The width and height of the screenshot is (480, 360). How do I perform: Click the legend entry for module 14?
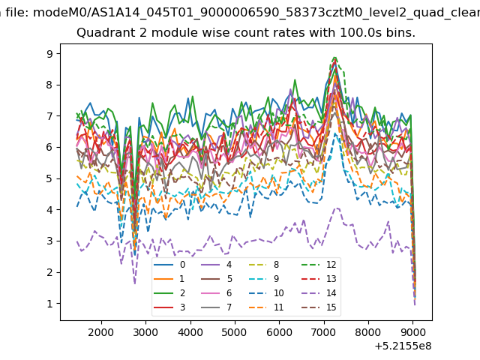click(x=320, y=293)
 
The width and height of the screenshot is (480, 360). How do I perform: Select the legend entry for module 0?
click(x=169, y=265)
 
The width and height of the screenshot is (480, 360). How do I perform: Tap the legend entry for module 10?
click(x=269, y=293)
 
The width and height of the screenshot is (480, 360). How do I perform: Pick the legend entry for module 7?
click(x=217, y=307)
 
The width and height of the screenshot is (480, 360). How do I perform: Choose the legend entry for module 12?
click(x=320, y=265)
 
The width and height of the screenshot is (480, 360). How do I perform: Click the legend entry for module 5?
click(x=217, y=278)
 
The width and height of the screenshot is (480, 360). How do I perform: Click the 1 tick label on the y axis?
click(x=49, y=304)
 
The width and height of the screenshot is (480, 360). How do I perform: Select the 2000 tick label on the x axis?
click(x=101, y=332)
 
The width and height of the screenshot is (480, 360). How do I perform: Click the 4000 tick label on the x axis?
click(x=190, y=332)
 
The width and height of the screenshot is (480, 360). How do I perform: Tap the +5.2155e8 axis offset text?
click(x=403, y=346)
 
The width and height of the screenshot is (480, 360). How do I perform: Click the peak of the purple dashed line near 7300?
click(x=337, y=208)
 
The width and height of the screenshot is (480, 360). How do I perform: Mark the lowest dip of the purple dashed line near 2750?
click(x=135, y=283)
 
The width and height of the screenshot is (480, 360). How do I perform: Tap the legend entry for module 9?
click(x=269, y=278)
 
